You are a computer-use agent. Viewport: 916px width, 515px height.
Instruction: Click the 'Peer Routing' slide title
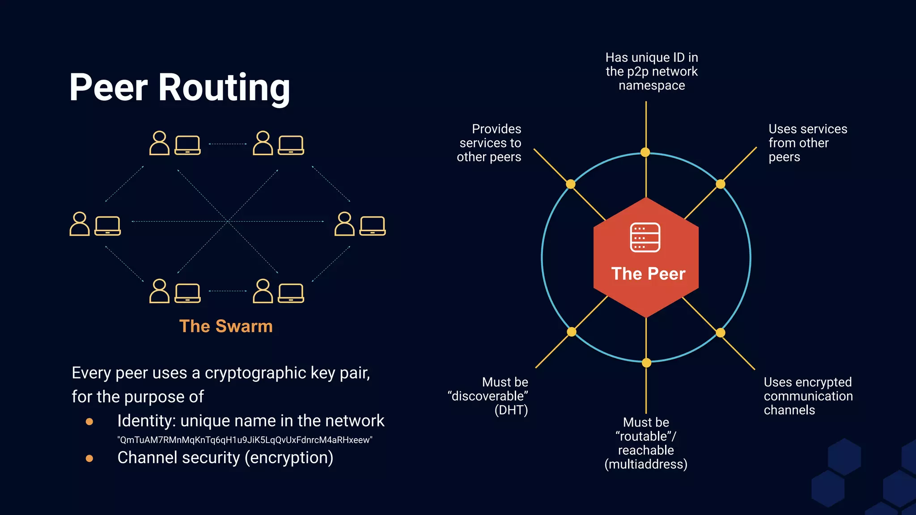coord(180,87)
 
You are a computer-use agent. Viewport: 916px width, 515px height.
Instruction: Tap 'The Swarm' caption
coord(226,326)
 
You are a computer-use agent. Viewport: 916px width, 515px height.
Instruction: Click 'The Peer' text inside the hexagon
coord(648,274)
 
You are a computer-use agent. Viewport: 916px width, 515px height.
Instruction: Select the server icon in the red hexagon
coord(645,237)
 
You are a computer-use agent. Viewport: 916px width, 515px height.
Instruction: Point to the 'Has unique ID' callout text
coord(652,72)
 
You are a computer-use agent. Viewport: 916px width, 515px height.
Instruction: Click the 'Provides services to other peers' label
coord(490,143)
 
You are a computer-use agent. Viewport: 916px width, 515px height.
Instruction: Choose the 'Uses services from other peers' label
coord(807,143)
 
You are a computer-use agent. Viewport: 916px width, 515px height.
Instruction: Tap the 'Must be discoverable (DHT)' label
coord(488,396)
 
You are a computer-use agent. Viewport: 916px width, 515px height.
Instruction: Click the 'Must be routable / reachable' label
coord(646,443)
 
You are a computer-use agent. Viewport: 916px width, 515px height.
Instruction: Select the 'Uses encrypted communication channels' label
coord(808,396)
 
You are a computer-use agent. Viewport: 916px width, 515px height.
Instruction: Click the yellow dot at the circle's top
coord(645,152)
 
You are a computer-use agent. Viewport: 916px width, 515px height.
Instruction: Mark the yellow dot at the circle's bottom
coord(646,363)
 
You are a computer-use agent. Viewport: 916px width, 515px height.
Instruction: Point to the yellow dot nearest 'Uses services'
coord(721,184)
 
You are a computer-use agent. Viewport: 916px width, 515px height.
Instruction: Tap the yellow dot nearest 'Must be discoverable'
coord(572,332)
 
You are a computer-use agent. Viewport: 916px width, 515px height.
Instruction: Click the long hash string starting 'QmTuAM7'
coord(245,440)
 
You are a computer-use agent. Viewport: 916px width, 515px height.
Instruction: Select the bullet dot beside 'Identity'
coord(89,422)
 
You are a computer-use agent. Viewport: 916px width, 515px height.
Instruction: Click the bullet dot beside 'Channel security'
coord(89,458)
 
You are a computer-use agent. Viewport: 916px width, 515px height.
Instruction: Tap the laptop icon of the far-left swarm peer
coord(108,225)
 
